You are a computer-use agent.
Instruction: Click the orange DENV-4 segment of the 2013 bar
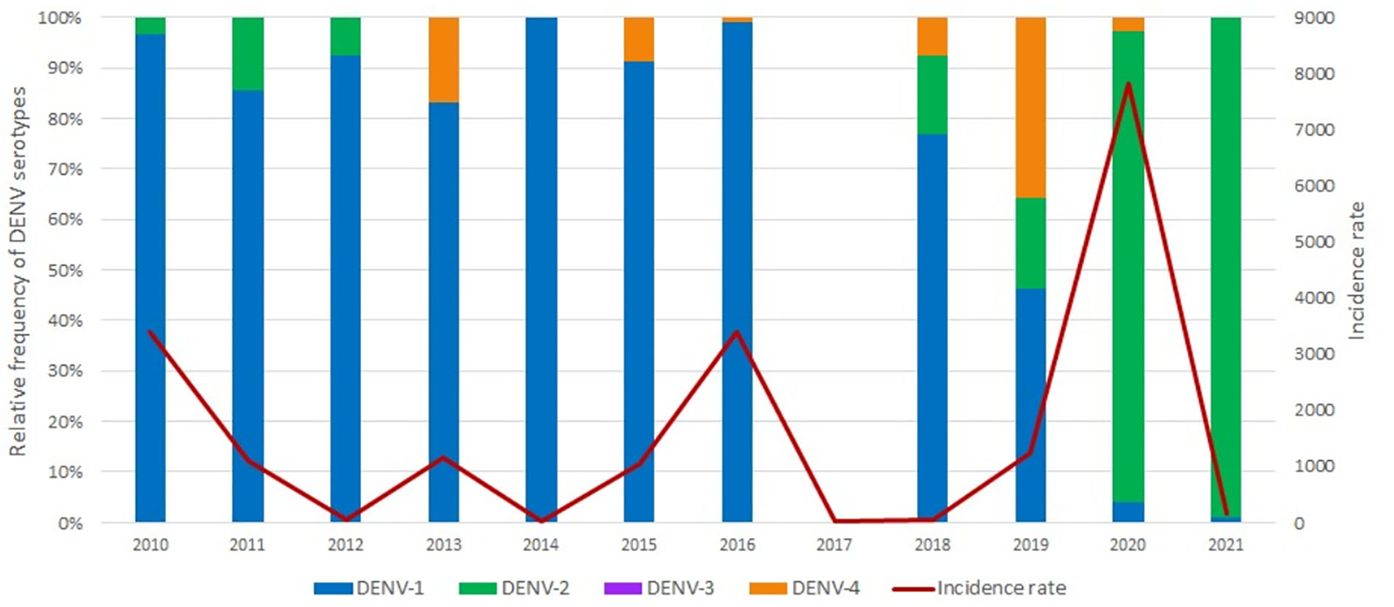point(444,60)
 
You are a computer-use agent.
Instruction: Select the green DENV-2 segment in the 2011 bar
point(248,54)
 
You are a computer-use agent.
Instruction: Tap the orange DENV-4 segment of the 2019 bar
point(1031,107)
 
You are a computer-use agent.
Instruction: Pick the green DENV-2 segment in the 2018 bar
point(932,94)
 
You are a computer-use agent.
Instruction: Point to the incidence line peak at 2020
point(1128,83)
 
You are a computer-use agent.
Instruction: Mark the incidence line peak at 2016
point(736,331)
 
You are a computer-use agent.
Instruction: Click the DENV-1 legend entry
point(369,588)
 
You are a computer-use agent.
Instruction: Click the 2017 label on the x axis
point(834,545)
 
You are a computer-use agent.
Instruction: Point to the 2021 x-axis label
point(1226,545)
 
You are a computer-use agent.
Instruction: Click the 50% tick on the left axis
point(66,270)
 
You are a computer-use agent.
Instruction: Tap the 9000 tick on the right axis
point(1315,17)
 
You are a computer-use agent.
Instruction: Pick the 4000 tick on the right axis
point(1315,298)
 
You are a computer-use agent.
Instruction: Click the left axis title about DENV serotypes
point(17,272)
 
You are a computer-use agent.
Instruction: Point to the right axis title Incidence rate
point(1356,270)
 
